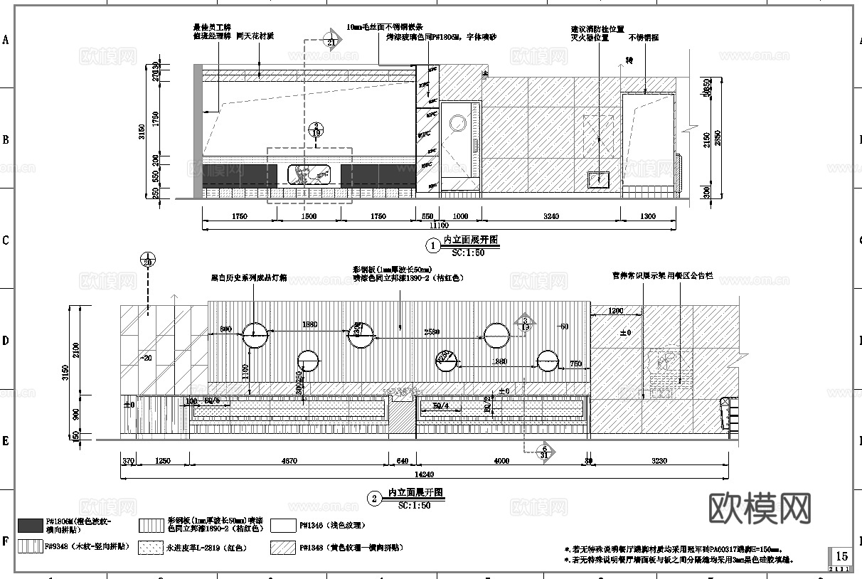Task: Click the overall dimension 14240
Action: coord(424,474)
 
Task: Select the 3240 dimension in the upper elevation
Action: coord(550,216)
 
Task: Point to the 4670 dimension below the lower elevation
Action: coord(289,461)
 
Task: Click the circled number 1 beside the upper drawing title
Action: coord(432,246)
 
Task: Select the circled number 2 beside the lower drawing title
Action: coord(375,499)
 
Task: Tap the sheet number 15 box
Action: coord(841,556)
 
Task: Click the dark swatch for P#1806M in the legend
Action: coord(29,526)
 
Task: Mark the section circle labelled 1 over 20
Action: coord(147,260)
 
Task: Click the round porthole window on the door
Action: coord(456,123)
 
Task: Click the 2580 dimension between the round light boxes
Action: coord(431,332)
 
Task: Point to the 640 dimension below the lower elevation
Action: coord(402,461)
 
